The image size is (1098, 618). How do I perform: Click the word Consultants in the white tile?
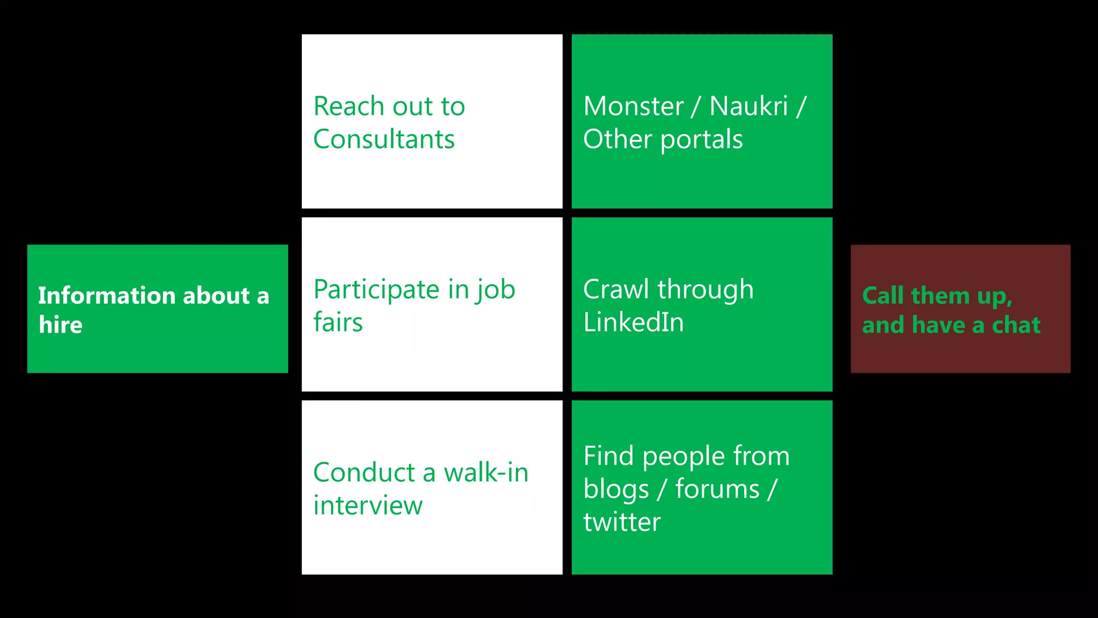384,139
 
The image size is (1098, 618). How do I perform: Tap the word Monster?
633,106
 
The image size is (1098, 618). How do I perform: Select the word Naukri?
748,106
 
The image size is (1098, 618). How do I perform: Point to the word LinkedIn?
633,322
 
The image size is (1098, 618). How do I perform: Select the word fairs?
338,322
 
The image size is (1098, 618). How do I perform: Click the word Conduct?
364,473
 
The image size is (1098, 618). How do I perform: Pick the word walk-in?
486,473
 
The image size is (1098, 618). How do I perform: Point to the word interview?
368,505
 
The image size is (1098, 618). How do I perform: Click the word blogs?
616,490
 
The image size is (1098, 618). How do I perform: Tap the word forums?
717,489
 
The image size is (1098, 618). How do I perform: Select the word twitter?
622,522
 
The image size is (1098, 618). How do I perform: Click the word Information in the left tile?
107,296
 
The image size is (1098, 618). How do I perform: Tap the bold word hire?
61,325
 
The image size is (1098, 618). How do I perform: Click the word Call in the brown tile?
882,296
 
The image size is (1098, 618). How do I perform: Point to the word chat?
1015,325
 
